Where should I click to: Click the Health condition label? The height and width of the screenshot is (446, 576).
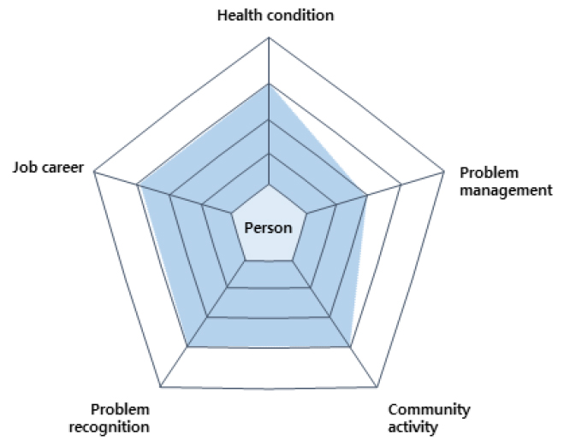click(x=276, y=15)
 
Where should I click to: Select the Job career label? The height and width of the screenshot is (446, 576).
click(x=48, y=167)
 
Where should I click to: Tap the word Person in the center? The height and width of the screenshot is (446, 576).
click(x=268, y=228)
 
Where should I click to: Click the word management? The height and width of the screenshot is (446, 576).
click(x=506, y=190)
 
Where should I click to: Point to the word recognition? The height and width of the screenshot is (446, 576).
click(x=109, y=427)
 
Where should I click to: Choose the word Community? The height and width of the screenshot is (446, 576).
click(x=429, y=410)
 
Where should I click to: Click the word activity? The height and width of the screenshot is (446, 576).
click(x=413, y=427)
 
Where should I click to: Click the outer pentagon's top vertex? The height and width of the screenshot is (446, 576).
click(x=269, y=37)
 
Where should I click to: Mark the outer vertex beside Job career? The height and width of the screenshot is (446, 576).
click(x=94, y=171)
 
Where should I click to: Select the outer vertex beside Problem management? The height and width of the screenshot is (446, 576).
click(x=443, y=171)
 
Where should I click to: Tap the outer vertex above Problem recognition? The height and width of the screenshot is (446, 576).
click(x=161, y=386)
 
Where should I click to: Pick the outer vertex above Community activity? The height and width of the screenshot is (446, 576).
click(x=377, y=386)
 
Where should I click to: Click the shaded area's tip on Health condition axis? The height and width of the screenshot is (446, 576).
click(x=269, y=84)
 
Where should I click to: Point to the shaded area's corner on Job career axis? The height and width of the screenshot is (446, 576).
click(x=138, y=185)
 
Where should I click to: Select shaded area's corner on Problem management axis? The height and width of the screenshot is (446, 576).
click(x=366, y=196)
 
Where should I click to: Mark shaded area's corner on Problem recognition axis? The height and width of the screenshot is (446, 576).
click(x=187, y=346)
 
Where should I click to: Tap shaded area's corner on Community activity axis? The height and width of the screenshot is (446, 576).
click(x=350, y=346)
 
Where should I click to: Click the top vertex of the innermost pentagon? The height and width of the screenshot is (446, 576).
click(x=269, y=185)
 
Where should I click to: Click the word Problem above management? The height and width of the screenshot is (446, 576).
click(x=489, y=173)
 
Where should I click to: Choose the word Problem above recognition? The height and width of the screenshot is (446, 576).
click(x=120, y=409)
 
